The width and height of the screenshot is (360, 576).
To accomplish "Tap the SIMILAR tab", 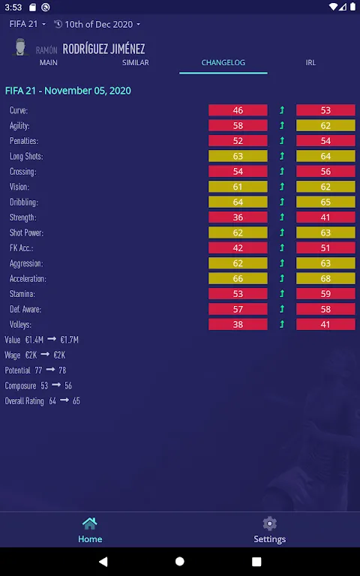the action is pos(136,62).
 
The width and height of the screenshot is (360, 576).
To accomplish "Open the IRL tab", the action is pos(310,62).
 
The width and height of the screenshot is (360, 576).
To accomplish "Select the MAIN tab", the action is pos(49,62).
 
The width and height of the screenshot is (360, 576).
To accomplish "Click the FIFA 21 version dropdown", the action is pos(28,24).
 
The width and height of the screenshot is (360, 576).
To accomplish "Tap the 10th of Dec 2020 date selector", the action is pos(97,24).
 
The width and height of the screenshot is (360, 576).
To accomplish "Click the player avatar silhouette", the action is pos(20,47).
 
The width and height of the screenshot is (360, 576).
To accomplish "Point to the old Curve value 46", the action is pos(238,110).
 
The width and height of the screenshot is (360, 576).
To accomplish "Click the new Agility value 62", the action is pos(325,126).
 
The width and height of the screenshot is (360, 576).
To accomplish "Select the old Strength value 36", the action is pos(238,217).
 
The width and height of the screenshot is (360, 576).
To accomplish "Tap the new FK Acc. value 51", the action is pos(325,248).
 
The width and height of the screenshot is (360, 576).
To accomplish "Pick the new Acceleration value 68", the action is pos(325,279).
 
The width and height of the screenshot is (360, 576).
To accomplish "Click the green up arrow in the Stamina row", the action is pos(282,294).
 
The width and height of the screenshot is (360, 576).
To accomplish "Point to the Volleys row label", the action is pos(20,325).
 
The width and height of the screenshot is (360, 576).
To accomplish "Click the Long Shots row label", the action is pos(26,157).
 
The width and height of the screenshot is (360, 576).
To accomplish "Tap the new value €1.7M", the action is pos(70,340).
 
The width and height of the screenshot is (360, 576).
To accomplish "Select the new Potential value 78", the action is pos(62,370).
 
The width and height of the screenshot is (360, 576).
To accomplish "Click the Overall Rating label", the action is pos(24,400).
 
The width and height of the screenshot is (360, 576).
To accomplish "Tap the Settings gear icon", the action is pos(270,523).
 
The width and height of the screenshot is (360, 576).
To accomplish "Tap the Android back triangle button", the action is pos(103,561).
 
